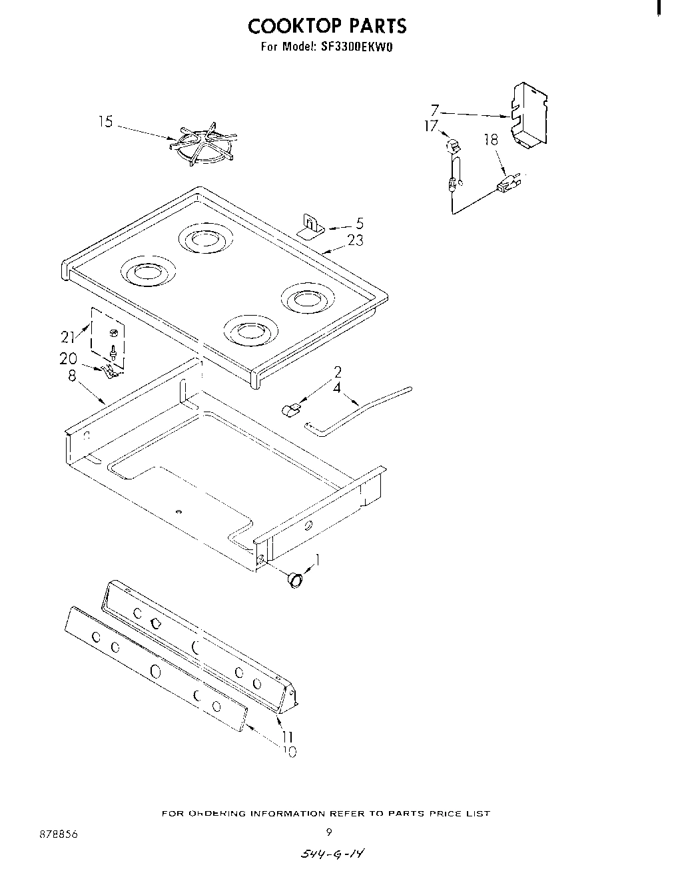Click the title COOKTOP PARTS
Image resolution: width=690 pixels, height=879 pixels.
click(327, 26)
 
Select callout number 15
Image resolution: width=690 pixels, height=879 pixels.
click(105, 122)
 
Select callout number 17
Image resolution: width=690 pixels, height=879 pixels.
click(432, 126)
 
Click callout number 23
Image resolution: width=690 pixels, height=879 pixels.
click(356, 240)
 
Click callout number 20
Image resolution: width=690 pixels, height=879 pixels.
click(68, 359)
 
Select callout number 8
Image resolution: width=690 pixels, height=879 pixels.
click(72, 374)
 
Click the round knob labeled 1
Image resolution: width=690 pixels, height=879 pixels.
click(294, 580)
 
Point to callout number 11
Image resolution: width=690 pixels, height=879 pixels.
click(287, 736)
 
